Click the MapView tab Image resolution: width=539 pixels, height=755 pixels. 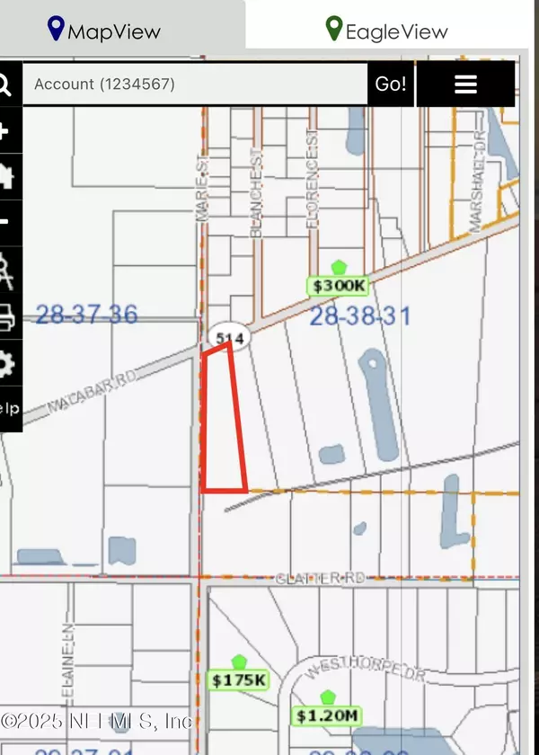pyautogui.click(x=104, y=30)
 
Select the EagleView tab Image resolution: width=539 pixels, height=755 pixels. pyautogui.click(x=386, y=30)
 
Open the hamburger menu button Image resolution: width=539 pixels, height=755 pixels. pyautogui.click(x=465, y=84)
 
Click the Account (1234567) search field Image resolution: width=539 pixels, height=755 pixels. pyautogui.click(x=194, y=84)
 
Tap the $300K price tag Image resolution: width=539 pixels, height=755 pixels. pyautogui.click(x=338, y=285)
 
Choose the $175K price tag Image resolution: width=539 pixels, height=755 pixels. pyautogui.click(x=238, y=679)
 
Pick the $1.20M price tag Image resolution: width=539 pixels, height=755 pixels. pyautogui.click(x=327, y=715)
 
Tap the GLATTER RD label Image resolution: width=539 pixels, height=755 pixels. pyautogui.click(x=322, y=578)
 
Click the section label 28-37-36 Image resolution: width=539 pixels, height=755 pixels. pyautogui.click(x=86, y=315)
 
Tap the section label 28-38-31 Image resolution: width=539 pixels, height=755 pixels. pyautogui.click(x=359, y=316)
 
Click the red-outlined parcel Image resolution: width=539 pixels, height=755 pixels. pyautogui.click(x=222, y=422)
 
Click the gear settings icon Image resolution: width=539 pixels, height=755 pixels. pyautogui.click(x=5, y=364)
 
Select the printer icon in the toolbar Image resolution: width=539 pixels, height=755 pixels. pyautogui.click(x=5, y=316)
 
